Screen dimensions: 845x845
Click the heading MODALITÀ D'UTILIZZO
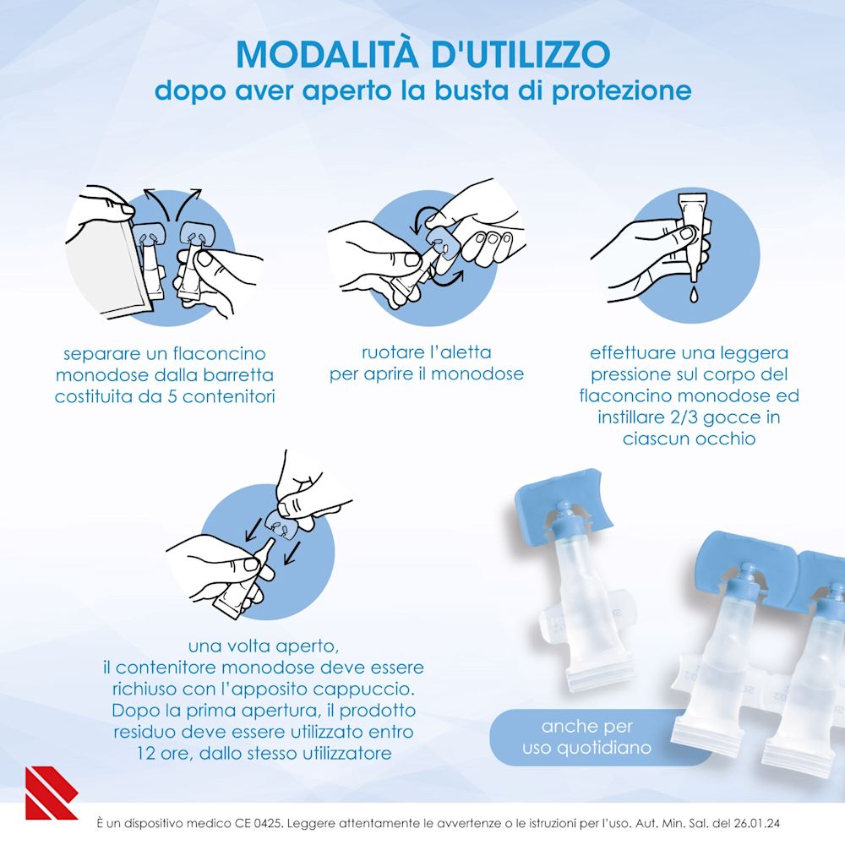point(422,52)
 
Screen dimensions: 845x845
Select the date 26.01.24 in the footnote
point(764,821)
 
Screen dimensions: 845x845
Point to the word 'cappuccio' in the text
point(367,690)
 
